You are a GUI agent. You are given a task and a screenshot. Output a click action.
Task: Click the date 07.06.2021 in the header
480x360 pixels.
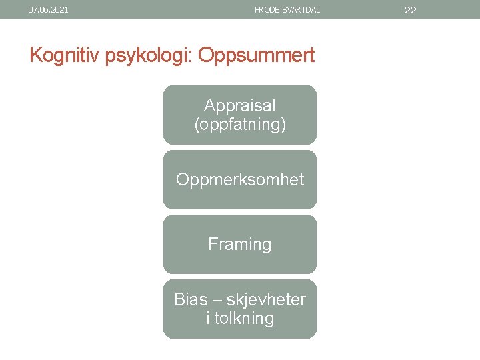click(x=48, y=10)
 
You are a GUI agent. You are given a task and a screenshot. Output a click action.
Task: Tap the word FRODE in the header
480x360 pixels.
click(x=266, y=10)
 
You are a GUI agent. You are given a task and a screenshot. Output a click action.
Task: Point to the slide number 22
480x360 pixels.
click(x=411, y=10)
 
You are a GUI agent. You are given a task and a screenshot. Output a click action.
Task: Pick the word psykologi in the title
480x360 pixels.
click(x=148, y=55)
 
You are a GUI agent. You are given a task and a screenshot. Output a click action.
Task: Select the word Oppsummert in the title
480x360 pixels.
click(x=256, y=55)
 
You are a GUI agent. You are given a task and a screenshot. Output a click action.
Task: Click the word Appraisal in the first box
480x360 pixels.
click(x=240, y=105)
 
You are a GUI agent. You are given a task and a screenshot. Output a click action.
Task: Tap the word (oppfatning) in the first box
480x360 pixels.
click(x=240, y=124)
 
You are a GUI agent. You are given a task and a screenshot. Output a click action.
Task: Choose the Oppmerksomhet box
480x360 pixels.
click(x=240, y=180)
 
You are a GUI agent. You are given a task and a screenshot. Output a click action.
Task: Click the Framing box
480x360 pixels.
click(x=240, y=245)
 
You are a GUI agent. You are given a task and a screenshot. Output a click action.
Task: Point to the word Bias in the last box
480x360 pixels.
click(x=191, y=300)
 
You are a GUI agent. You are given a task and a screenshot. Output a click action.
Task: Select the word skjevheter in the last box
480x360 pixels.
click(x=266, y=300)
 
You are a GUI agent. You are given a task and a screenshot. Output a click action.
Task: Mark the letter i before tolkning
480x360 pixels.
click(x=208, y=318)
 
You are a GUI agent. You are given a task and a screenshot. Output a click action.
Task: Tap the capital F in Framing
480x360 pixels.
click(x=213, y=245)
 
